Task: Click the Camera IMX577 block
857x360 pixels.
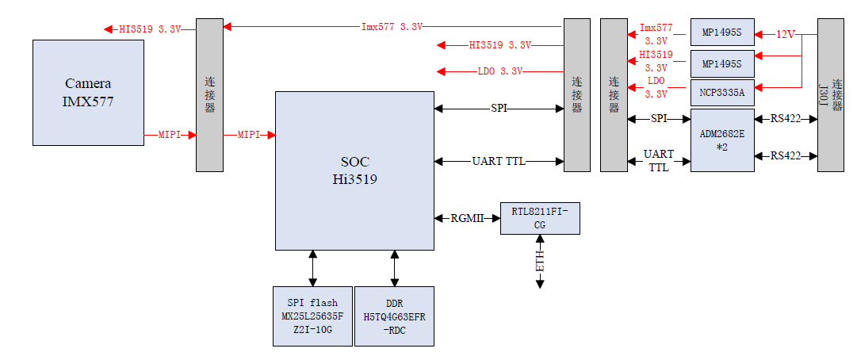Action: [x=88, y=92]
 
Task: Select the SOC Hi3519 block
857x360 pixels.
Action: [x=354, y=170]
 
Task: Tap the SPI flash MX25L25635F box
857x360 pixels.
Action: [x=312, y=316]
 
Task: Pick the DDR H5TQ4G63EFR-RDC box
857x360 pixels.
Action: [x=394, y=316]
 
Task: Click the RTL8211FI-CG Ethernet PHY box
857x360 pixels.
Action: [x=540, y=217]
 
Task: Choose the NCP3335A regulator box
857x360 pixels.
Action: [x=721, y=92]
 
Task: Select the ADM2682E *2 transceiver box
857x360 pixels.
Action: [x=721, y=140]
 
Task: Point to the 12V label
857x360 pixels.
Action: [x=785, y=35]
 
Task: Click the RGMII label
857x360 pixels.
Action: [x=468, y=218]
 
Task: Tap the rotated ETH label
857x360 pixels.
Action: [x=540, y=261]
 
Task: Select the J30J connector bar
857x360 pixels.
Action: [x=831, y=94]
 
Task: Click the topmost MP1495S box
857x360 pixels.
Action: [x=721, y=33]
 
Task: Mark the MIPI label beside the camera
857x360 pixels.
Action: [x=170, y=136]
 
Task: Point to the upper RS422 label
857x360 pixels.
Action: [x=786, y=119]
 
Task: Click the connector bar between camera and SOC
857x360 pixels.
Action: [x=209, y=94]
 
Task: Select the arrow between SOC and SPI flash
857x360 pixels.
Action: [x=313, y=267]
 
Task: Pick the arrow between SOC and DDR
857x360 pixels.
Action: [x=394, y=267]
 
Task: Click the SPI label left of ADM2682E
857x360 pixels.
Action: [x=658, y=119]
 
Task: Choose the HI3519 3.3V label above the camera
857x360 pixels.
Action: [x=150, y=29]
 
